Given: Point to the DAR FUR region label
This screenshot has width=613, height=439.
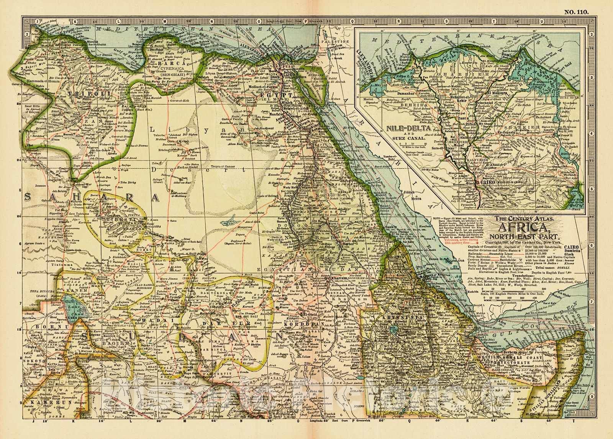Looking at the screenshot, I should (227, 324).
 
